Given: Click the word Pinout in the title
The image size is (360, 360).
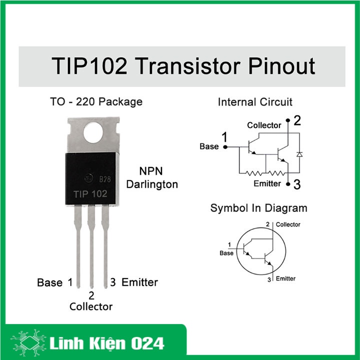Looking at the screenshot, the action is tap(281, 66).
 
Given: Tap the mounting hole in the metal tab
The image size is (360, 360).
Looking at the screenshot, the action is tap(93, 132).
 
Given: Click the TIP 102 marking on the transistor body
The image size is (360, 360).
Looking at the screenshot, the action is tap(90, 194).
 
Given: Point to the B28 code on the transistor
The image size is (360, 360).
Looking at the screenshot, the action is tap(105, 179).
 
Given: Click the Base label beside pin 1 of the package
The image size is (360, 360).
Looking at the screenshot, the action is tap(49, 282).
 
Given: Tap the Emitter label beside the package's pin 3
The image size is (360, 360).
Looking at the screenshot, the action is tap(139, 282).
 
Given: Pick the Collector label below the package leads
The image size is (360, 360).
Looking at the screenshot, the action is tap(91, 306).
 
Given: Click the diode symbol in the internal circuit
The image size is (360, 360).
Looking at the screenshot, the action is tap(299, 154).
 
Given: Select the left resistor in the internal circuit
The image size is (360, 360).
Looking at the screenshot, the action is tap(253, 173).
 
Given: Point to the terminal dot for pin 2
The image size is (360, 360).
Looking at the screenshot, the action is tap(288, 120).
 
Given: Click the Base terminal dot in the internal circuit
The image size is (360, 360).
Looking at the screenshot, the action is tap(225, 147).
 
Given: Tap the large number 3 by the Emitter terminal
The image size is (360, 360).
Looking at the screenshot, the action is tap(297, 184).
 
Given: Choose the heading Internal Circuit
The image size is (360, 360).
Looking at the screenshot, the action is tap(255, 102).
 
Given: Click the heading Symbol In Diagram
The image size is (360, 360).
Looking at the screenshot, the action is tap(259, 208).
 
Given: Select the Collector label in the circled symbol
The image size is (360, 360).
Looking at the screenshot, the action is tap(288, 224).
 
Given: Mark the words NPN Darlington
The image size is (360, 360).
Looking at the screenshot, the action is tap(152, 177).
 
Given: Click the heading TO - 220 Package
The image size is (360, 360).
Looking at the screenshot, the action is tap(96, 101).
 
